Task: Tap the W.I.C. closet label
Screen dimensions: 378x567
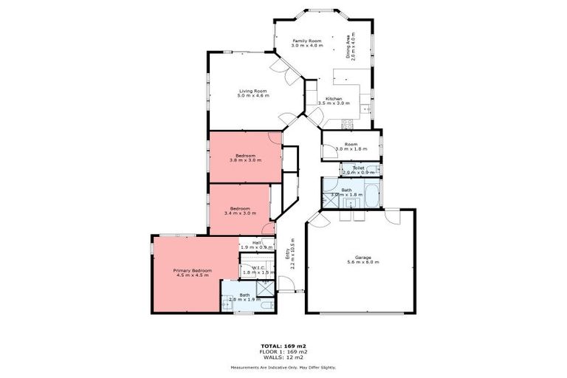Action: (258, 268)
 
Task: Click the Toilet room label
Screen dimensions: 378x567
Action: (358, 168)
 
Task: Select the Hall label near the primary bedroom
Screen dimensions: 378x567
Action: (257, 242)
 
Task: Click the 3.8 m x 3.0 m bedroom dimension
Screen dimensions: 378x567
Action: (245, 160)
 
